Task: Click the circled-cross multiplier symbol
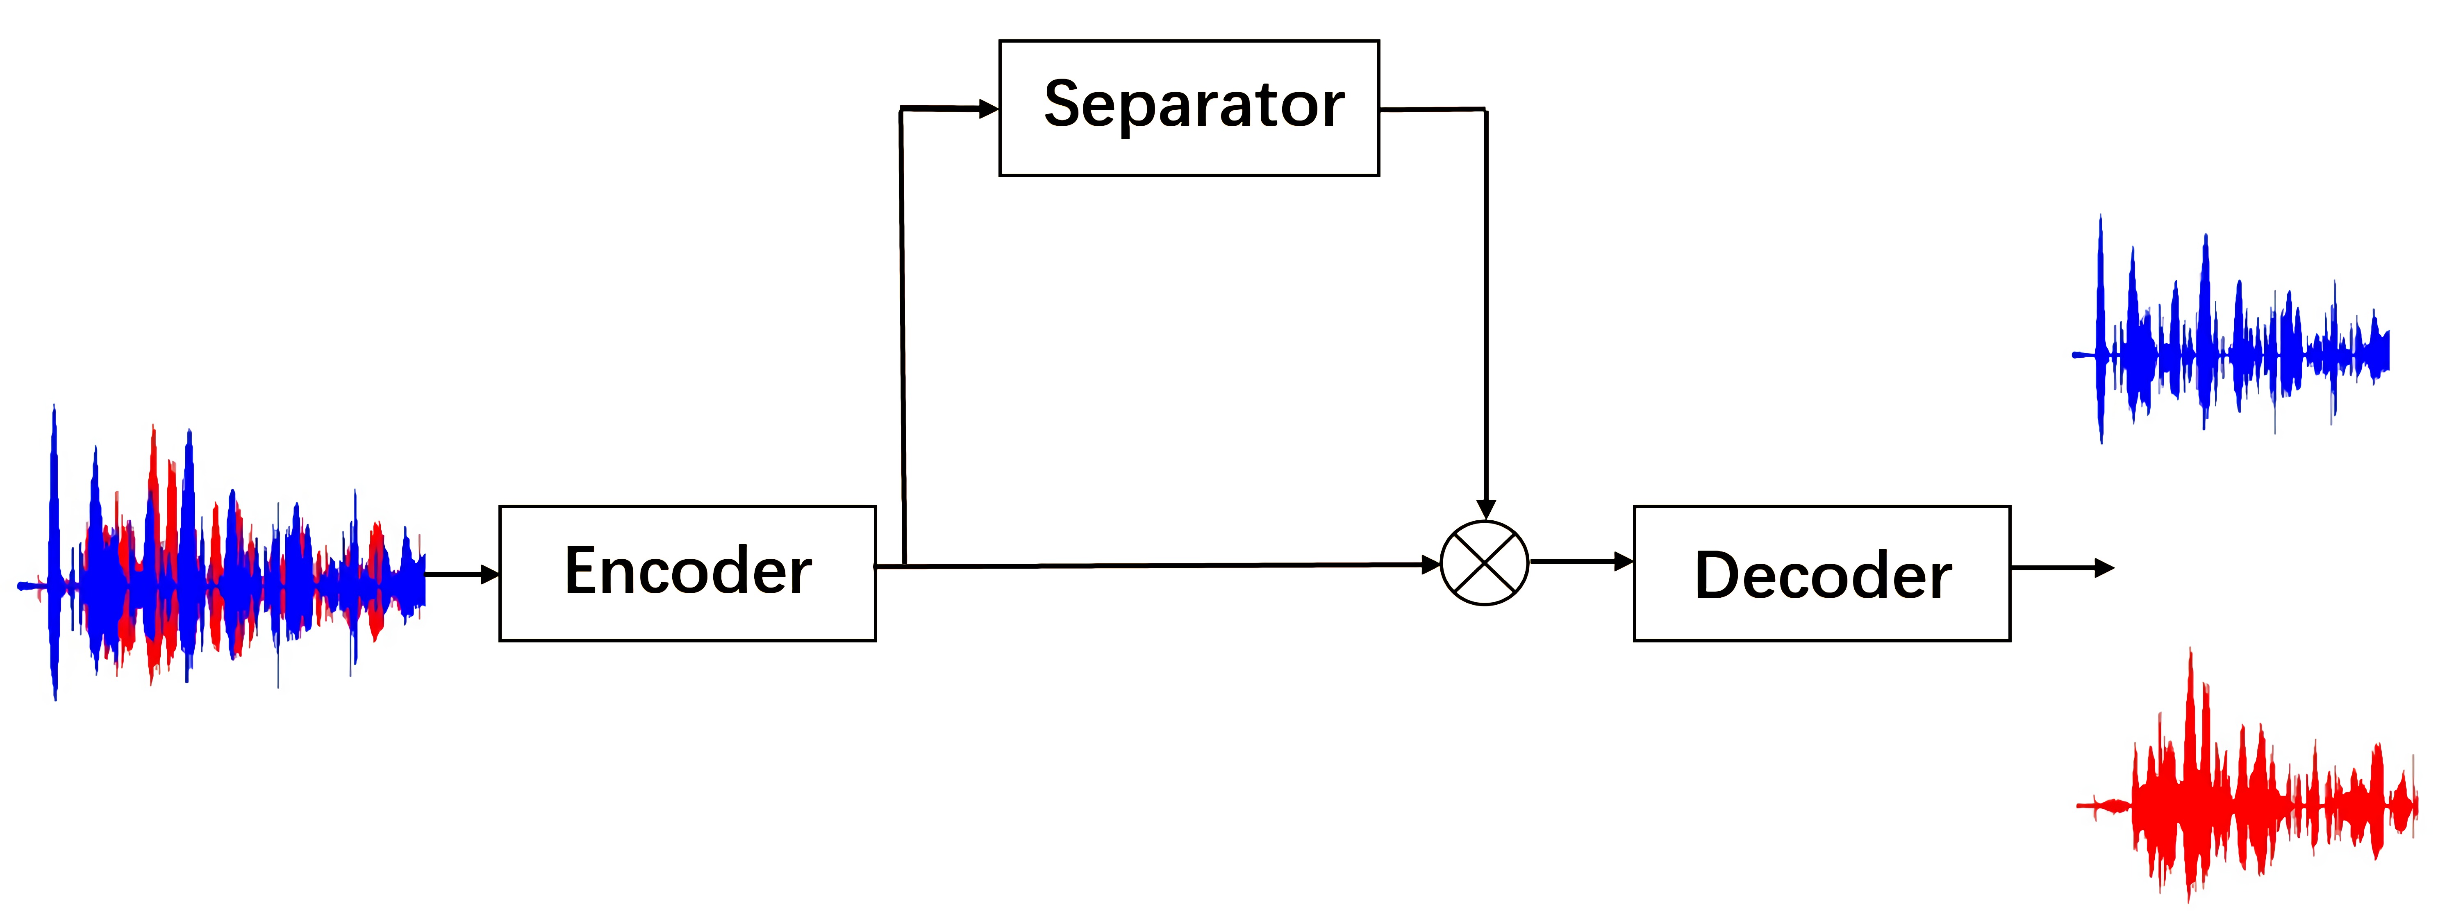pyautogui.click(x=1485, y=563)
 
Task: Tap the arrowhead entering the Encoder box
pyautogui.click(x=490, y=574)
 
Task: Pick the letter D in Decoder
pyautogui.click(x=1721, y=576)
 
